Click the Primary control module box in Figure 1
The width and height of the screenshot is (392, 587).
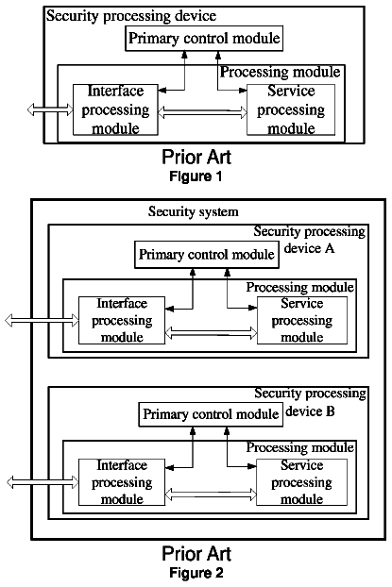click(204, 38)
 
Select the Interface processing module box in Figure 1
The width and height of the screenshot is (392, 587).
click(115, 109)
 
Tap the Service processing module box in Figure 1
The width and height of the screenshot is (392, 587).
click(291, 109)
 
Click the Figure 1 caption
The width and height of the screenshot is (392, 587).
click(196, 176)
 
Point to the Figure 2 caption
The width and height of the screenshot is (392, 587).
click(196, 573)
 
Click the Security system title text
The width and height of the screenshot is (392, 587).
click(194, 211)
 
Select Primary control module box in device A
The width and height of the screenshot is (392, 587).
click(207, 255)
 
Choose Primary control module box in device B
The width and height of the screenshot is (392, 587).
click(211, 414)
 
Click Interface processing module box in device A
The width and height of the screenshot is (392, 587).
click(122, 321)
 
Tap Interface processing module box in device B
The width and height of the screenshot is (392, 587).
click(122, 482)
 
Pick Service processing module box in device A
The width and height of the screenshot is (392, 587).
click(302, 321)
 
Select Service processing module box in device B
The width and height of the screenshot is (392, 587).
click(301, 482)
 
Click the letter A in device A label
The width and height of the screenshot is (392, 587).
click(330, 248)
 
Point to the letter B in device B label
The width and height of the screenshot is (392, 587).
click(331, 411)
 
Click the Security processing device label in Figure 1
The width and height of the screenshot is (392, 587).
click(131, 16)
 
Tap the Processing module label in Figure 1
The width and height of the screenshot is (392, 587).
click(280, 72)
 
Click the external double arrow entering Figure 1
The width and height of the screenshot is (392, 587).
click(50, 109)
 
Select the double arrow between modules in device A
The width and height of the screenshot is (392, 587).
click(212, 333)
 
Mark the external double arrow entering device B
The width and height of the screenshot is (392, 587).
click(43, 482)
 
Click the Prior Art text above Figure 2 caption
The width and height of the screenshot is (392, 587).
click(196, 554)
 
